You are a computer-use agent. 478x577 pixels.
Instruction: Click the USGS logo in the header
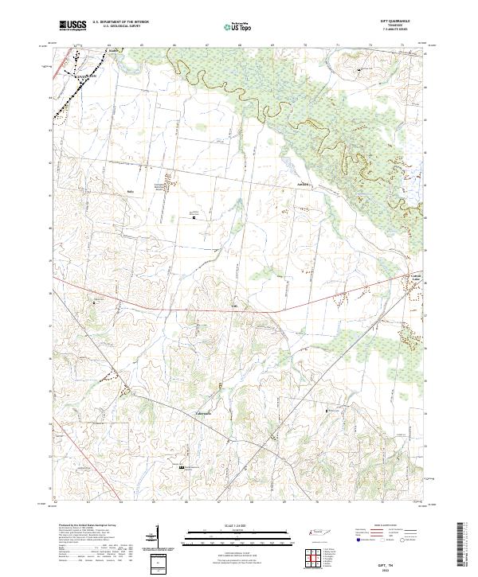point(72,25)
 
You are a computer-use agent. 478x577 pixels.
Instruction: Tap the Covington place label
point(84,77)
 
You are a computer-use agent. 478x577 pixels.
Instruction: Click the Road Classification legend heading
point(390,526)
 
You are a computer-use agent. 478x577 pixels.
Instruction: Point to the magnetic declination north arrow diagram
point(154,539)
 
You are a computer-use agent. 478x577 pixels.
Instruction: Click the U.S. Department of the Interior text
point(119,21)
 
